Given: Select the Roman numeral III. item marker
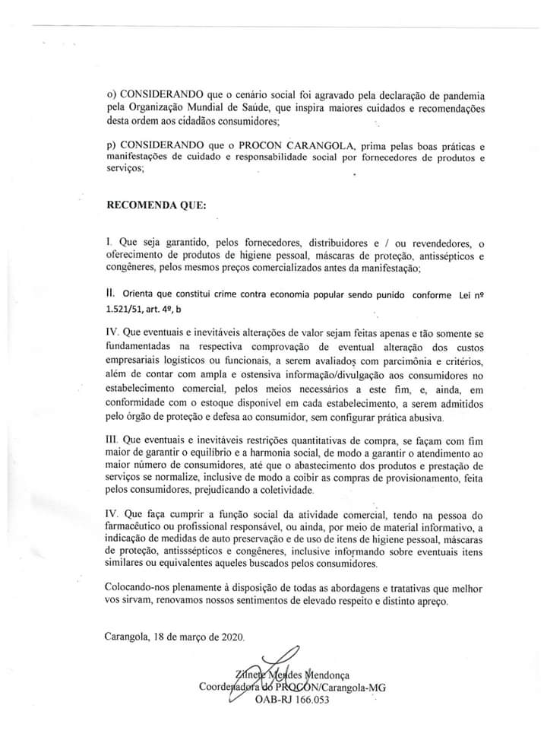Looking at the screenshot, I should (112, 440).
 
